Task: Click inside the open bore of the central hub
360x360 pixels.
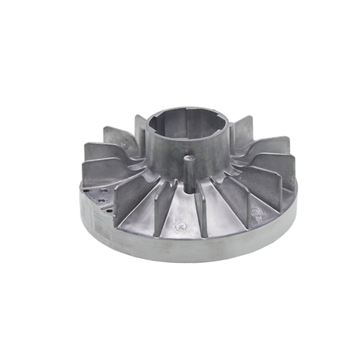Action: (x=188, y=123)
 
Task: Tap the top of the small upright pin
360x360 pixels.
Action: (x=190, y=158)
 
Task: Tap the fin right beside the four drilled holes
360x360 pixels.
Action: (x=123, y=201)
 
